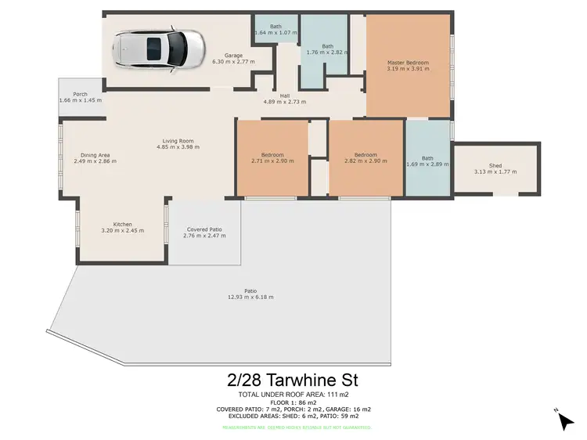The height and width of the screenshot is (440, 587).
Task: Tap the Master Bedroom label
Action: point(409,62)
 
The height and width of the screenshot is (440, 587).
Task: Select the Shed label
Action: point(495,166)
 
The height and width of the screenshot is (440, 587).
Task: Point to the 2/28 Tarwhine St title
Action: point(293,380)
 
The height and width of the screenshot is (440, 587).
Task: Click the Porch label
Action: point(81,94)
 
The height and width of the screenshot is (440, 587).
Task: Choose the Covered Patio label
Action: point(203,229)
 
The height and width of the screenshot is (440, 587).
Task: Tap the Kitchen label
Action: point(123,225)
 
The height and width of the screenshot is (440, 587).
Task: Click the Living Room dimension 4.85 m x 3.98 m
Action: point(179,147)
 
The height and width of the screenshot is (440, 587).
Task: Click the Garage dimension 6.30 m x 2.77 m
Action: point(233,61)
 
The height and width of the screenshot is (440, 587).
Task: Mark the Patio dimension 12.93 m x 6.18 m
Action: point(250,298)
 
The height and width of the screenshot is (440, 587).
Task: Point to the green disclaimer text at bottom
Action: point(293,427)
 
